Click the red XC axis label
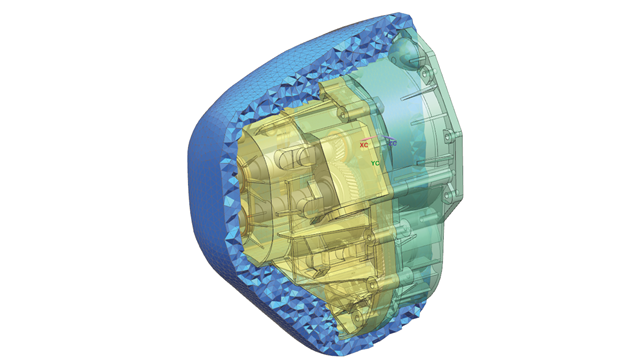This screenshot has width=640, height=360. point(364,145)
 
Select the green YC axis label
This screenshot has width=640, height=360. point(375,163)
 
